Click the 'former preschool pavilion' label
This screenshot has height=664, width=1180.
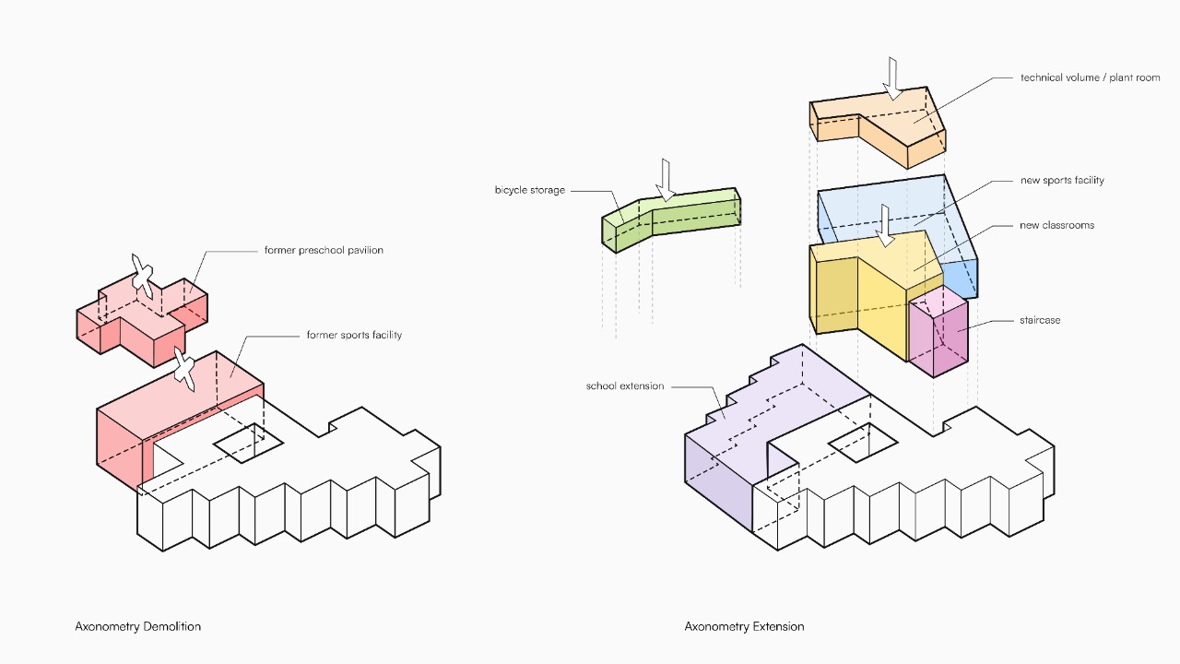[324, 250]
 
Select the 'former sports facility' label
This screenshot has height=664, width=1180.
[354, 335]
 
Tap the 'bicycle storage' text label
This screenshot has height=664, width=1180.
[529, 190]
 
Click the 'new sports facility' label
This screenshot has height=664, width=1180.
[1062, 180]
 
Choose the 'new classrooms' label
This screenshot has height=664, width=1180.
[1056, 225]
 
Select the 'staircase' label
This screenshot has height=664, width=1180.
[1040, 320]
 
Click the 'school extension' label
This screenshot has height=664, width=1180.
[624, 385]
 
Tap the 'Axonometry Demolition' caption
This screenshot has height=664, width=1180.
[138, 626]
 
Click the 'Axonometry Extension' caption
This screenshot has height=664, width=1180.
[744, 626]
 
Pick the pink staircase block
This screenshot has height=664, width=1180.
[938, 337]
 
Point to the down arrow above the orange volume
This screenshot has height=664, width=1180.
[892, 77]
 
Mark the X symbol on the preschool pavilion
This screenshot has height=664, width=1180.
[141, 274]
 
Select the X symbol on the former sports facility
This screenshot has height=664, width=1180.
[184, 370]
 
